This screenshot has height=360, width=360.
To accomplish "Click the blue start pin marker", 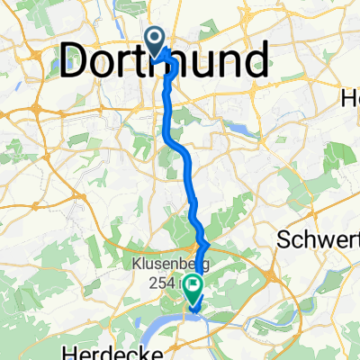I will pos(155,40).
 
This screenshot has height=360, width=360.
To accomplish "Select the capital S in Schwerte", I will pos(285,240).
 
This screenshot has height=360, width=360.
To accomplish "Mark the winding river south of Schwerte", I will pos(297,310).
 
